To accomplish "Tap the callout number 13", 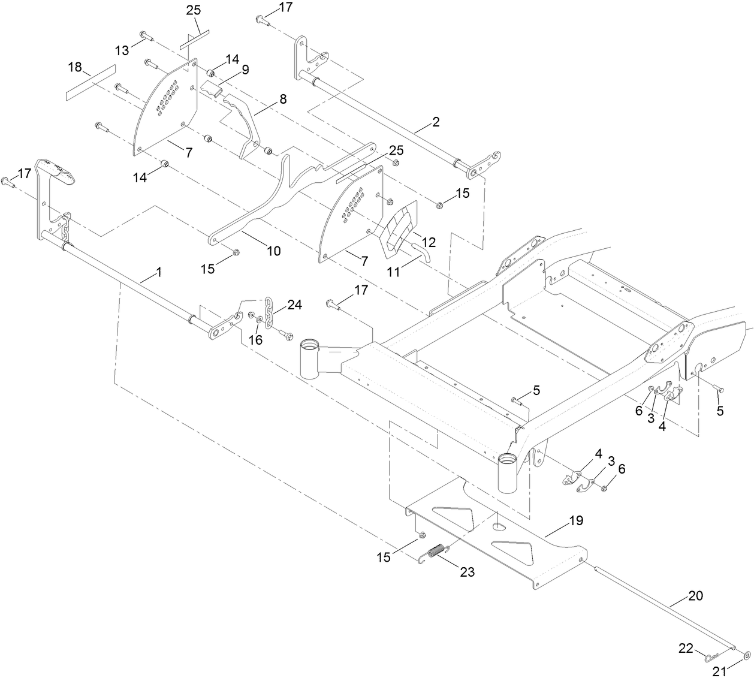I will click(122, 50).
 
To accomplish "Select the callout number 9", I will click(245, 70).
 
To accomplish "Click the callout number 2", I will click(436, 122).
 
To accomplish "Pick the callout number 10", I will click(273, 251).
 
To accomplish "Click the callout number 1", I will click(159, 272).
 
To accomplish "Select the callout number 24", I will click(294, 305).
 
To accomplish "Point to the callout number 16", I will click(256, 340).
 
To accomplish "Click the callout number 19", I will click(575, 520).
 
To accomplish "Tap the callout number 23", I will click(467, 572).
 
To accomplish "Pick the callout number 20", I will click(696, 596).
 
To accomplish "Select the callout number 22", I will click(686, 648).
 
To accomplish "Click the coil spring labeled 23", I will click(438, 550).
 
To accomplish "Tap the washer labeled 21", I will click(746, 655).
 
